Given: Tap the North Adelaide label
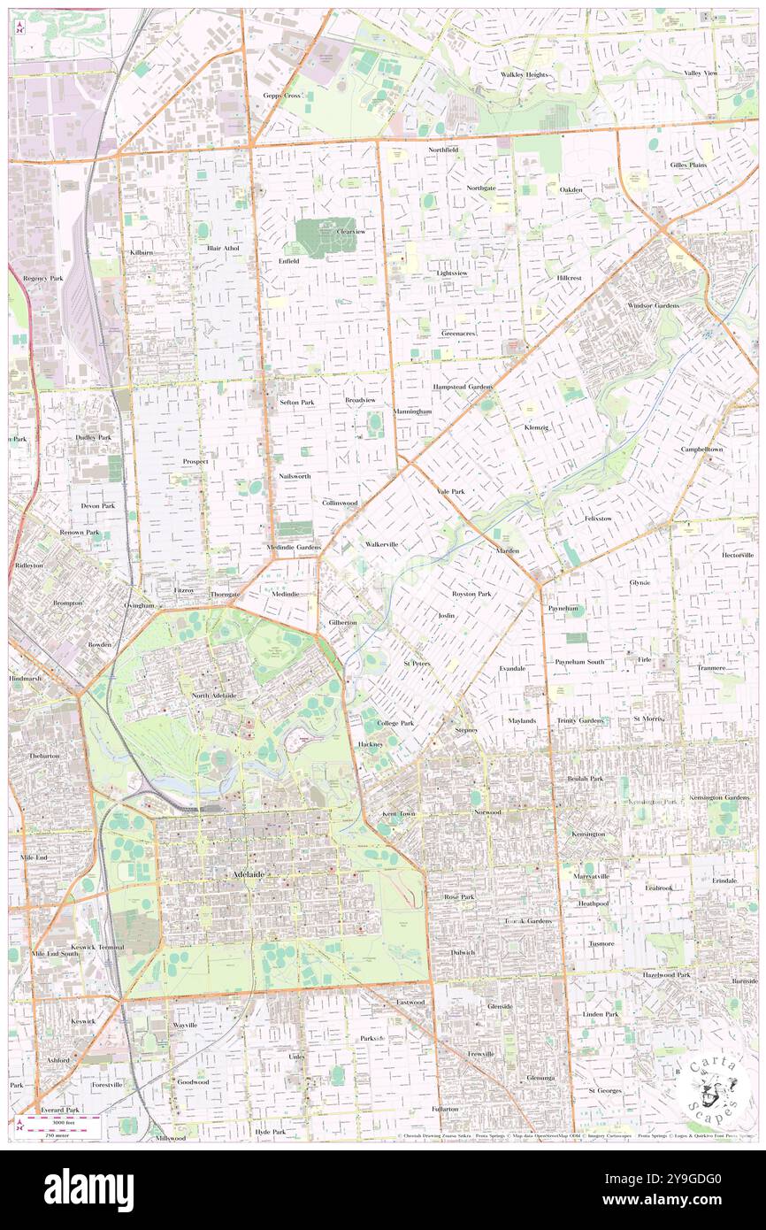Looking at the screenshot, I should point(214,696).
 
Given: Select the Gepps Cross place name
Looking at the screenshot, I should point(282,95).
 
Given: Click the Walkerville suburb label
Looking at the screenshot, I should point(381,544).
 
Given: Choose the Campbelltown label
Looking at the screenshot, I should point(701,449).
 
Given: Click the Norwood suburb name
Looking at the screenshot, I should point(486,811).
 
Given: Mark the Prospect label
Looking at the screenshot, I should point(195,461).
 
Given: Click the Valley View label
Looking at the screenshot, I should point(705,73).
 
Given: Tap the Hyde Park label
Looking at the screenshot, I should point(270,1132).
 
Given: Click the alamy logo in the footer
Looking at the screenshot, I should point(89,1189).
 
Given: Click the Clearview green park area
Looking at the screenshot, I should point(324,235).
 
